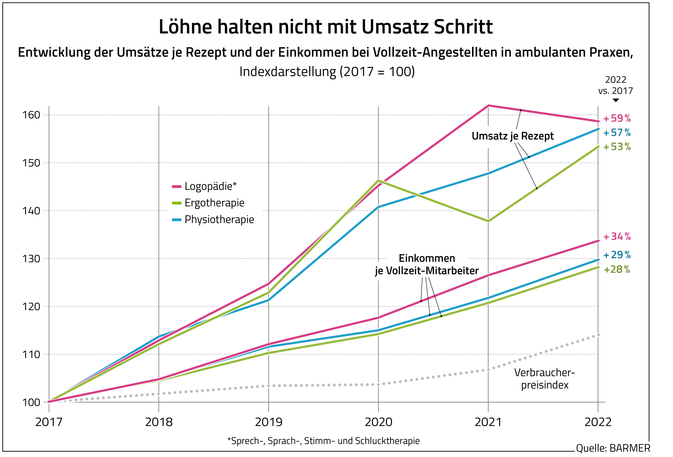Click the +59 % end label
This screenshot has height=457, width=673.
coord(617,119)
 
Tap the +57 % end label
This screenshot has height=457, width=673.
coord(617,133)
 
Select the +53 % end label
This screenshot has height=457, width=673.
coord(617,147)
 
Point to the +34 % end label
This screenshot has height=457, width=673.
coord(617,237)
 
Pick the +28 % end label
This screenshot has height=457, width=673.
coord(617,270)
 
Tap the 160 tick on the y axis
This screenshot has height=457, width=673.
coord(31,115)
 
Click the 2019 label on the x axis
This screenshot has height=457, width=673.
coord(269,422)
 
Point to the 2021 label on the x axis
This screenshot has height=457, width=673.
coord(488,422)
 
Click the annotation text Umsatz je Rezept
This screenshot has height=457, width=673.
coord(512,136)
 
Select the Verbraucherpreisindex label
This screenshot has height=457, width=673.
coord(544,379)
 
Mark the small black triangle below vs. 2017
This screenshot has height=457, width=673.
coord(616,100)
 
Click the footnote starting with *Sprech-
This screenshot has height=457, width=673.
coord(324,441)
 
